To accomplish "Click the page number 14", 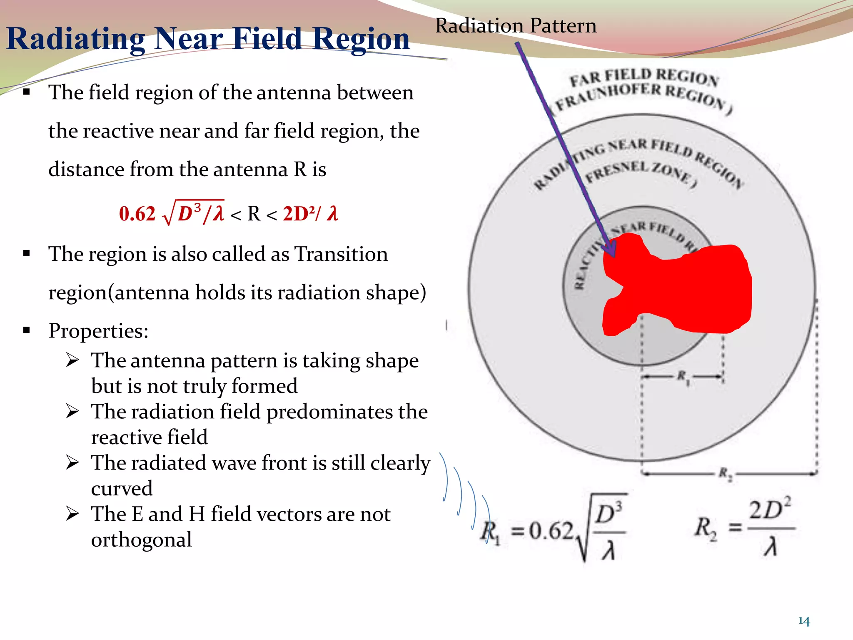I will pyautogui.click(x=803, y=621).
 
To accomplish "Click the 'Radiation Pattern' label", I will pyautogui.click(x=516, y=26).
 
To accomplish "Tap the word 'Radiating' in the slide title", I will pyautogui.click(x=75, y=39).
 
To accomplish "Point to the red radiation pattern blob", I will pyautogui.click(x=683, y=287).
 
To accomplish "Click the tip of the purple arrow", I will pyautogui.click(x=613, y=255).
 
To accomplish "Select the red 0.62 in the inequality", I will pyautogui.click(x=137, y=214).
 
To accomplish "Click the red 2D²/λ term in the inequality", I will pyautogui.click(x=310, y=214).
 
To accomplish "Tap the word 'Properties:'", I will pyautogui.click(x=98, y=331).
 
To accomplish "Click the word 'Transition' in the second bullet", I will pyautogui.click(x=341, y=254).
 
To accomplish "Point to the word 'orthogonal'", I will pyautogui.click(x=141, y=540).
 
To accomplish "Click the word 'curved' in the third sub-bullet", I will pyautogui.click(x=122, y=488).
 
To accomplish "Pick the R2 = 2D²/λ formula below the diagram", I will pyautogui.click(x=743, y=528).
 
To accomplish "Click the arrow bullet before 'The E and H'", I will pyautogui.click(x=72, y=514).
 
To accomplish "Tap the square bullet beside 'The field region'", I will pyautogui.click(x=27, y=92).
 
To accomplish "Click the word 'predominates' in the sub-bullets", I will pyautogui.click(x=330, y=412).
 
